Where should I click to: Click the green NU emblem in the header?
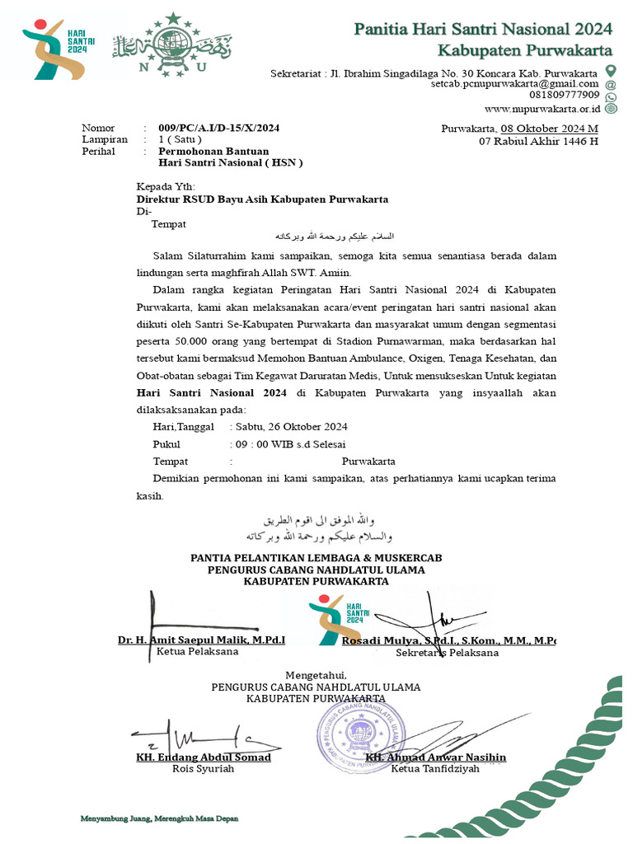pyautogui.click(x=171, y=47)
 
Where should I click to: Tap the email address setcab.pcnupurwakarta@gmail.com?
pyautogui.click(x=514, y=84)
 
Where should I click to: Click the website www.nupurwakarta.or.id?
pyautogui.click(x=542, y=108)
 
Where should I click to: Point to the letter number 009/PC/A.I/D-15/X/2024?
pyautogui.click(x=219, y=128)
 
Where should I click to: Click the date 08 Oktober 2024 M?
pyautogui.click(x=549, y=128)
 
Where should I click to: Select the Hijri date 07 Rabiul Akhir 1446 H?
pyautogui.click(x=538, y=141)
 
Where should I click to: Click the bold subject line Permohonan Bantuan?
pyautogui.click(x=213, y=152)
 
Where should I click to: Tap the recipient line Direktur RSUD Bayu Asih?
pyautogui.click(x=262, y=199)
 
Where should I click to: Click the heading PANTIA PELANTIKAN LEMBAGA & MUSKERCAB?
pyautogui.click(x=316, y=558)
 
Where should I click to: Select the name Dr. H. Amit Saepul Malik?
pyautogui.click(x=201, y=640)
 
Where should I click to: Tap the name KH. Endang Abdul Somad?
pyautogui.click(x=203, y=757)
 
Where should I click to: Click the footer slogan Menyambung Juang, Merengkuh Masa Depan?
pyautogui.click(x=159, y=818)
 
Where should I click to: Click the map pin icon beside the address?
pyautogui.click(x=611, y=72)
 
